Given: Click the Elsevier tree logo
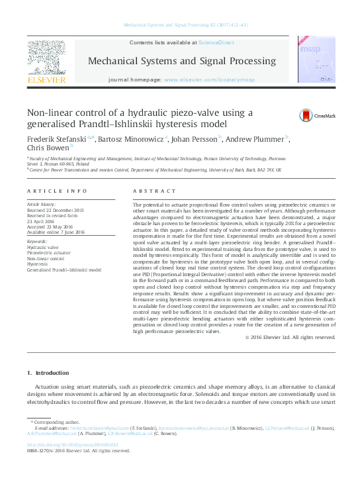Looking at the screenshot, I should coord(46,56).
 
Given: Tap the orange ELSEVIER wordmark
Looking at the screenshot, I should coord(46,80).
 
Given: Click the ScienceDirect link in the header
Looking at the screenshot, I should coord(217,42).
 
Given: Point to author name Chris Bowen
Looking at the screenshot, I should coord(47,150).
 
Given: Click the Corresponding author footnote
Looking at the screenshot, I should coord(56,422).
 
